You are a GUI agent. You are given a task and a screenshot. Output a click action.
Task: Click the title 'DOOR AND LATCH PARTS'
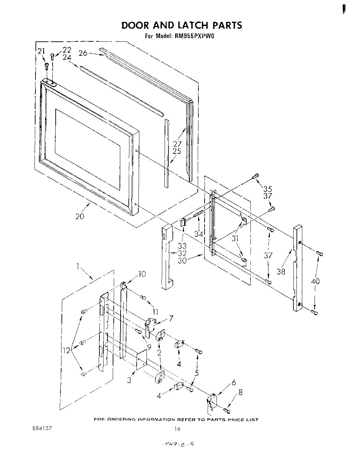point(181,25)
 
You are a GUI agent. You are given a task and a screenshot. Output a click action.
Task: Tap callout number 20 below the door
point(80,216)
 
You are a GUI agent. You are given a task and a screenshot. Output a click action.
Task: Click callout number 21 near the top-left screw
point(41,51)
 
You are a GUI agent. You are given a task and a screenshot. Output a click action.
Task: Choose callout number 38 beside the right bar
point(281,271)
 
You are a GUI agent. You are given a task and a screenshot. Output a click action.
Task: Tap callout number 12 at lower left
point(66,350)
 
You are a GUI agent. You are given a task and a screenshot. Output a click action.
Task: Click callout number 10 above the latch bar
point(142,274)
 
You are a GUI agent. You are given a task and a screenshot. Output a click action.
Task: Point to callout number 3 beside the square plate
point(129,379)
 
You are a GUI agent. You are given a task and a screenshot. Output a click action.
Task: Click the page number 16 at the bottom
point(177,429)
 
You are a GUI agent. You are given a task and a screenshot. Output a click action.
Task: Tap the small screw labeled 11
point(143,298)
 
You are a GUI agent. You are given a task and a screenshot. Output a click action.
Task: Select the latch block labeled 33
point(183,222)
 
